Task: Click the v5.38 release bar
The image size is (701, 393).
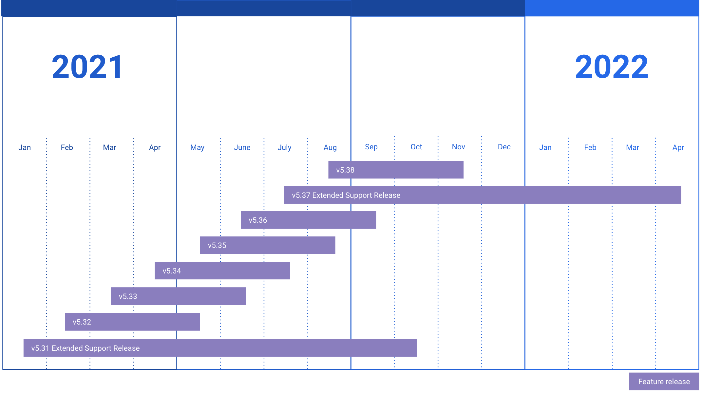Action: (396, 170)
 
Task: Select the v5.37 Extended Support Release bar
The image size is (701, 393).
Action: (482, 195)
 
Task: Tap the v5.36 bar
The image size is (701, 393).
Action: (308, 220)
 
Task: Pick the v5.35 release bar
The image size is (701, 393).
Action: (268, 245)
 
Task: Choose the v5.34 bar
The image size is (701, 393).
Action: (222, 271)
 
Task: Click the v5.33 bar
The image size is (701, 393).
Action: (179, 296)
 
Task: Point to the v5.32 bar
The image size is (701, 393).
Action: (132, 322)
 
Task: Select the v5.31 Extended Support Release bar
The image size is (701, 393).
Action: (220, 348)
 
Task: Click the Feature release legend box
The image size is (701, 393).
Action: (664, 382)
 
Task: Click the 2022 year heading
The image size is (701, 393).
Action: (612, 67)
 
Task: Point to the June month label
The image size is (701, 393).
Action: (242, 147)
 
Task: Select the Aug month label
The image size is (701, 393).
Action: (330, 147)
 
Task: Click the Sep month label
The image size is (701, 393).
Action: (371, 147)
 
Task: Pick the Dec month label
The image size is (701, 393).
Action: (504, 147)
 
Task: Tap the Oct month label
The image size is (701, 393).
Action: (416, 147)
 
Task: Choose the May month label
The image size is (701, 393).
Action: (197, 147)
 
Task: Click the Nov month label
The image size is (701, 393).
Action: (458, 147)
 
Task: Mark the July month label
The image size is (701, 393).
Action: (284, 147)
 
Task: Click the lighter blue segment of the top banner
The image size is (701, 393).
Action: (612, 8)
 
